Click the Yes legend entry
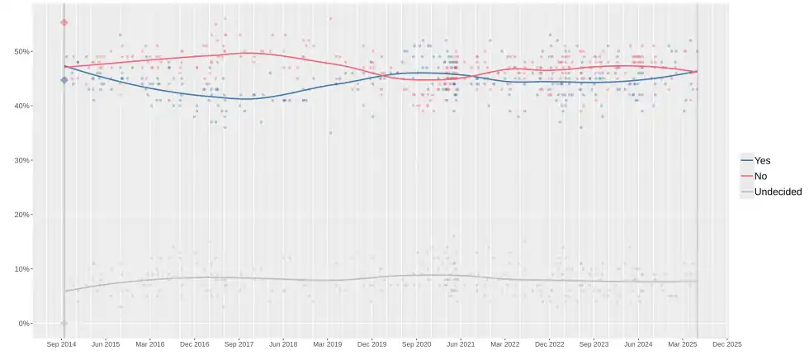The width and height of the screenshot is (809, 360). (762, 161)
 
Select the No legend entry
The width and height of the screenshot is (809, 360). (759, 177)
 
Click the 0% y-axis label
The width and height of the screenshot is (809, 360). (21, 324)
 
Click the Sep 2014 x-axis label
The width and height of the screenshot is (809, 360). (62, 343)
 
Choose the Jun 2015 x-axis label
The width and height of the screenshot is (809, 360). (106, 343)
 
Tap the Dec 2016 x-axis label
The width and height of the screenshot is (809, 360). (195, 343)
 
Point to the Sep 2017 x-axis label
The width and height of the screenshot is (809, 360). (239, 343)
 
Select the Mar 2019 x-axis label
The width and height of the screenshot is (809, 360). (328, 343)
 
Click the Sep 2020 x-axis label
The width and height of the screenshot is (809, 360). (417, 343)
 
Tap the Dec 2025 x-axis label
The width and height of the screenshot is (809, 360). (726, 343)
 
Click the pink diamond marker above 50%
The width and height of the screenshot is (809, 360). (64, 22)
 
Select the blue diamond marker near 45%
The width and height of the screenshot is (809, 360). (64, 80)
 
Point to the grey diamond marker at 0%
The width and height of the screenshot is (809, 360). (64, 323)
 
